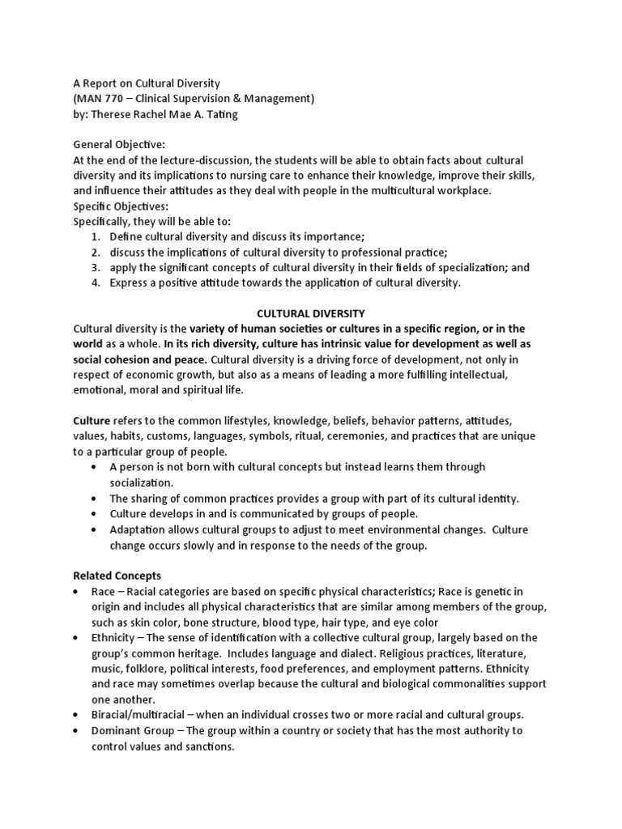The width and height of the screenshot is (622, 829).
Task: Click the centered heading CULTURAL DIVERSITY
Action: pyautogui.click(x=310, y=312)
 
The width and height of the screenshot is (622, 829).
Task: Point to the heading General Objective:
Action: pyautogui.click(x=119, y=145)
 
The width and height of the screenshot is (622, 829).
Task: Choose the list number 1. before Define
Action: pyautogui.click(x=95, y=236)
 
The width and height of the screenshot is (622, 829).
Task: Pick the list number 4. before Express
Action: pyautogui.click(x=95, y=283)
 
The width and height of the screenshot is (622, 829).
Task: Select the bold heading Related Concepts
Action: pyautogui.click(x=117, y=576)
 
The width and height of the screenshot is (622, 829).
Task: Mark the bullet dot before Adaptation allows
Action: pyautogui.click(x=96, y=529)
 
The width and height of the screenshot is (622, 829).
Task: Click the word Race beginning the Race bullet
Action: pyautogui.click(x=103, y=591)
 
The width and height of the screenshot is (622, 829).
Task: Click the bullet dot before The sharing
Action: pyautogui.click(x=96, y=499)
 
